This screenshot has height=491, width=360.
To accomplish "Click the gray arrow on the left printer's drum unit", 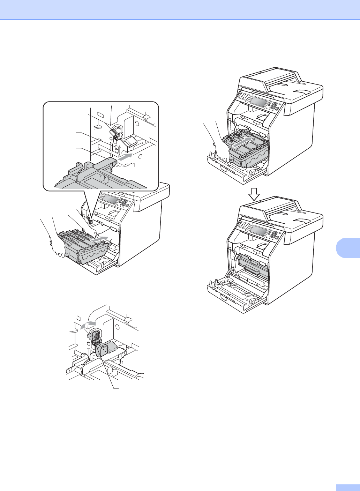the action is (99, 240).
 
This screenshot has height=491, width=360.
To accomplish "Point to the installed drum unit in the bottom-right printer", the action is (254, 267).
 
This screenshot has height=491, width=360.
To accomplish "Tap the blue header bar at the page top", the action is (180, 10).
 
